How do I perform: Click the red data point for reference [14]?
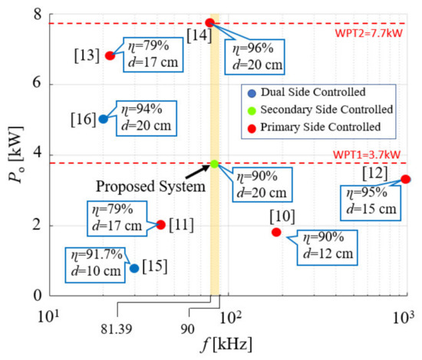(x=209, y=23)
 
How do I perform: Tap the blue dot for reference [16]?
(x=104, y=119)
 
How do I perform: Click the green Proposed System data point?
(x=215, y=164)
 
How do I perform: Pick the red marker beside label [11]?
(x=160, y=225)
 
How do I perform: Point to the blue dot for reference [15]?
(x=134, y=268)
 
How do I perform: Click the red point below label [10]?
(x=276, y=232)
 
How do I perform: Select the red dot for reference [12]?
(x=406, y=179)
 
